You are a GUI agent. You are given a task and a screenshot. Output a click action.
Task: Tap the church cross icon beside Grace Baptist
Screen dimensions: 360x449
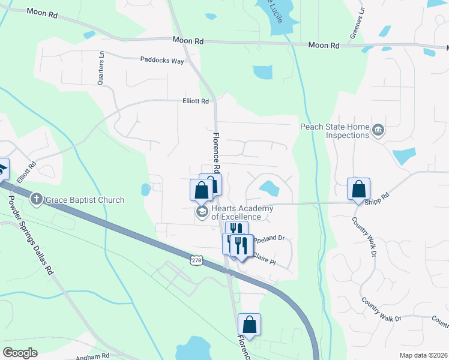tap(37, 199)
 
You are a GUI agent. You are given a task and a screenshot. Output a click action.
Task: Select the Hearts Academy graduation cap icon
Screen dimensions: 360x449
tap(202, 212)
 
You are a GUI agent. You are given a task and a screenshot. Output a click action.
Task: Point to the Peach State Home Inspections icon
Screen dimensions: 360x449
tap(378, 130)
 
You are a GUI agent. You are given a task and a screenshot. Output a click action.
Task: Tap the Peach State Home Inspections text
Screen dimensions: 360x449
tap(335, 131)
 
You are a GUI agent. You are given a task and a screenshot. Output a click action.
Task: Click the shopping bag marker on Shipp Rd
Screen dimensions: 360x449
tap(358, 190)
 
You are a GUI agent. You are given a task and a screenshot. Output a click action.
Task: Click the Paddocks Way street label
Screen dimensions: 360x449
tap(162, 59)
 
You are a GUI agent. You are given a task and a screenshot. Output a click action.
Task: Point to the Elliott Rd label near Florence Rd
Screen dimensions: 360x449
tap(196, 101)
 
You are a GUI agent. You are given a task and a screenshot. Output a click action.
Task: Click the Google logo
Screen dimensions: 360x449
tap(20, 352)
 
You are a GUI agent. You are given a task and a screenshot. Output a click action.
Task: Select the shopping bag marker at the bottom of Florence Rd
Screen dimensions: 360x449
tap(250, 325)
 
